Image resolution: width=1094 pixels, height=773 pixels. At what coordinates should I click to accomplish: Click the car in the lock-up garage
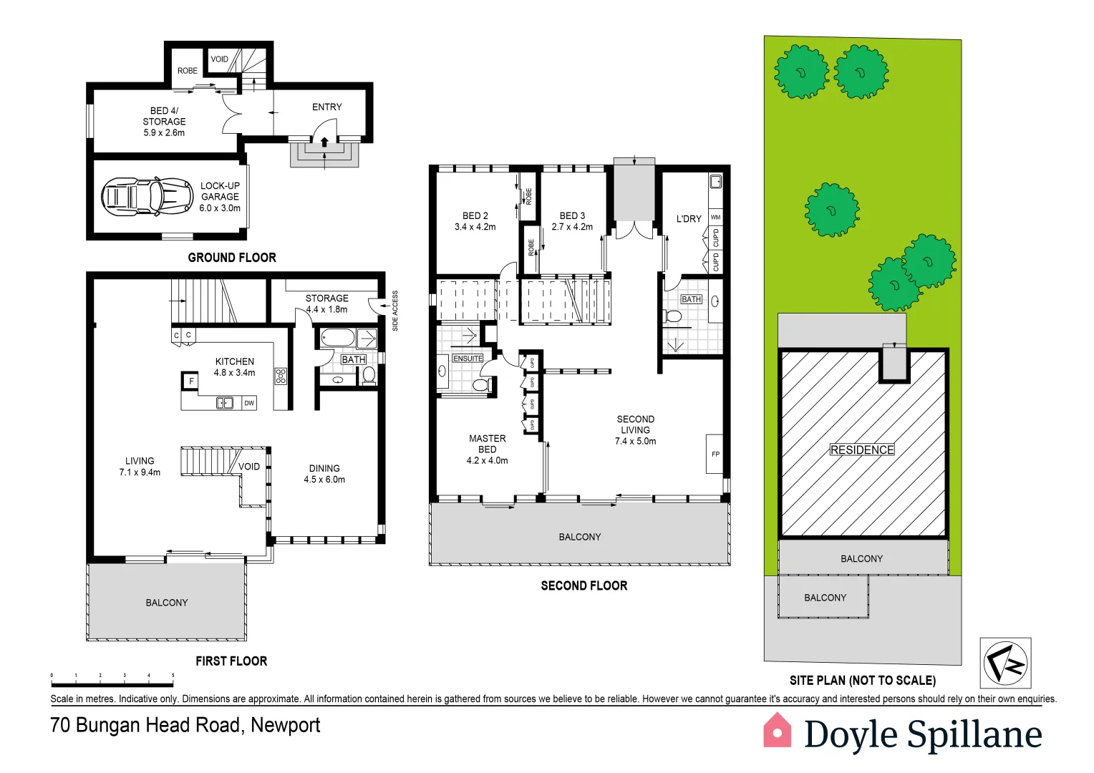point(147,196)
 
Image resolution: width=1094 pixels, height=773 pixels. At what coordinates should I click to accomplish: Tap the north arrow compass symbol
point(1005,663)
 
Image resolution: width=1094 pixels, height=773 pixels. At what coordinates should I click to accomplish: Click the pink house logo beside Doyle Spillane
point(777,731)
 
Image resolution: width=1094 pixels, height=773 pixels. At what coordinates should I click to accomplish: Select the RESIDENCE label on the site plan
point(862,449)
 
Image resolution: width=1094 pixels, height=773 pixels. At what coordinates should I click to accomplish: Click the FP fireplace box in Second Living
point(715,454)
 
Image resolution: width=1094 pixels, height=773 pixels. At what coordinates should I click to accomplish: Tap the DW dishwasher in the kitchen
point(249,403)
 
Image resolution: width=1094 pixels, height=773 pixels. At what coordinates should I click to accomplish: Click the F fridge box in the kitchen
point(190,381)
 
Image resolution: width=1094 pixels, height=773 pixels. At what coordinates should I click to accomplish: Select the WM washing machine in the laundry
point(715,217)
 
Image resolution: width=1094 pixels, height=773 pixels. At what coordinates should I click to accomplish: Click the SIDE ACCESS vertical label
point(395,311)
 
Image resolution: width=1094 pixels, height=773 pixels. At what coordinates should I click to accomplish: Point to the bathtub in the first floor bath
point(337,338)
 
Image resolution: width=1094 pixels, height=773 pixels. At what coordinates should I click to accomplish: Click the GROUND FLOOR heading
point(231,258)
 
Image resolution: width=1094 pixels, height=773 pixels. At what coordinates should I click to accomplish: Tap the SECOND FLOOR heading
point(584,585)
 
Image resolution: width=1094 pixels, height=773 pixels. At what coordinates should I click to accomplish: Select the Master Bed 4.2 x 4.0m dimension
point(487,460)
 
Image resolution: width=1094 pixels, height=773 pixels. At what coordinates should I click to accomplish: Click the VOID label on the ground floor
point(220,59)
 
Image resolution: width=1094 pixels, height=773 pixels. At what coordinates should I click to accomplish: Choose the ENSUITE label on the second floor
point(468,358)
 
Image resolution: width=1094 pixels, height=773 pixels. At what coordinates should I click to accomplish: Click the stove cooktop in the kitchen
point(281,376)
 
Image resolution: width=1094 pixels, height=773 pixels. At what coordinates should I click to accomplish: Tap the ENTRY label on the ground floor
point(326,107)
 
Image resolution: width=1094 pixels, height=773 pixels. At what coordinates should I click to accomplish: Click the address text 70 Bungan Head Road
point(185,725)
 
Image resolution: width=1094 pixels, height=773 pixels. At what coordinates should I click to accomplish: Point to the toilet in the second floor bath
point(673,316)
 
